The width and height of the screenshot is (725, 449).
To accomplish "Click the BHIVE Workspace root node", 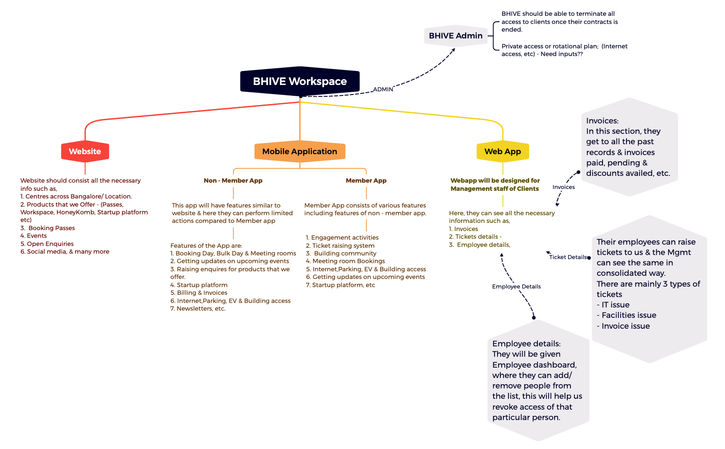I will [x=300, y=81].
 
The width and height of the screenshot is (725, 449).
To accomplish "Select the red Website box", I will [x=85, y=151].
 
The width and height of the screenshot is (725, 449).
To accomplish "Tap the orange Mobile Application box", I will [x=300, y=151].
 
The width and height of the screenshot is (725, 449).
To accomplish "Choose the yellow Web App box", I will [x=503, y=151].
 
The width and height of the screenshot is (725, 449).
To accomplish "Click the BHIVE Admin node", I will [x=456, y=36].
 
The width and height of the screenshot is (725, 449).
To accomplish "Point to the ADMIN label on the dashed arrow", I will [x=383, y=90].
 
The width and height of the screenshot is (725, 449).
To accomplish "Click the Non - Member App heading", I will [x=233, y=180].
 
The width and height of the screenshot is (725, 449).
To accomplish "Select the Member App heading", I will [x=366, y=180].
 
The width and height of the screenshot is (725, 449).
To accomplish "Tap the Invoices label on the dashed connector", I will [x=563, y=187].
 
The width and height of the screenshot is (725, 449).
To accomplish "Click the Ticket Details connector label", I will [x=568, y=257].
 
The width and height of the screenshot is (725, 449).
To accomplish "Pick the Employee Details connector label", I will [x=516, y=287].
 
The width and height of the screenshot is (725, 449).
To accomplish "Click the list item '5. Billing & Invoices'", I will [x=199, y=293].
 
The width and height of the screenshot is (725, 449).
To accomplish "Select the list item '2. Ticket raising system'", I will [x=340, y=246].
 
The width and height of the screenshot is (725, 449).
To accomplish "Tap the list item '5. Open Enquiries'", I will [x=47, y=244].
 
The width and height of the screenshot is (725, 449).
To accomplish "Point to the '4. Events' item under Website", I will [x=33, y=236].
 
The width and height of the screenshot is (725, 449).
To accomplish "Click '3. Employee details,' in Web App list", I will [x=480, y=245].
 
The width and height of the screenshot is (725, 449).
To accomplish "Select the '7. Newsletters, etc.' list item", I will [x=198, y=308].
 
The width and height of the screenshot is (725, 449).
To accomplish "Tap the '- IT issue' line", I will [x=613, y=305].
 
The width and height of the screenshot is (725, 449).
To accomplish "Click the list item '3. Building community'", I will [x=341, y=253].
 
